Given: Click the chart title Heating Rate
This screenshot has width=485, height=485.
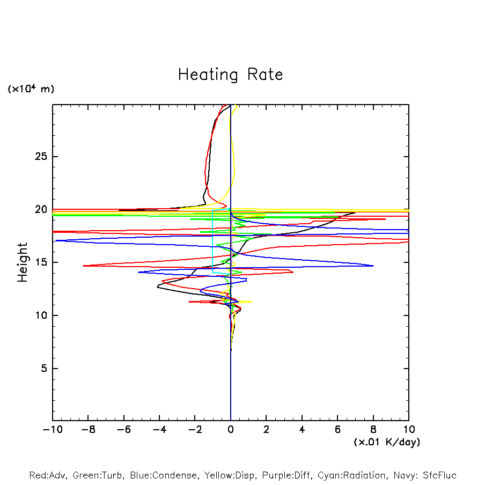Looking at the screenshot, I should (x=230, y=75).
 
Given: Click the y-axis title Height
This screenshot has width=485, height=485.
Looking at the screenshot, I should (x=23, y=262).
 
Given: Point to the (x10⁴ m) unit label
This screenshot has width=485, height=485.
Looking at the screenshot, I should (x=31, y=89).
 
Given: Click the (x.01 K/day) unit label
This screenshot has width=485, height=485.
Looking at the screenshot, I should (x=386, y=442).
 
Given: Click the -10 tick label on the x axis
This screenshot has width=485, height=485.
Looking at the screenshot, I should (x=52, y=430).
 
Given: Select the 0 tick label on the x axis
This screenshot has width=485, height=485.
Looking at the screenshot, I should (x=231, y=430).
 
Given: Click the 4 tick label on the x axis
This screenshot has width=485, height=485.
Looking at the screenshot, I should (x=302, y=430).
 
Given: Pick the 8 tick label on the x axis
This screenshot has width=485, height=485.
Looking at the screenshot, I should (x=373, y=430).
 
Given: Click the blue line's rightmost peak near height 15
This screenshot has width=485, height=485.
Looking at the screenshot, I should (x=373, y=266).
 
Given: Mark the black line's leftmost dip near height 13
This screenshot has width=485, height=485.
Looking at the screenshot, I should (x=157, y=288).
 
